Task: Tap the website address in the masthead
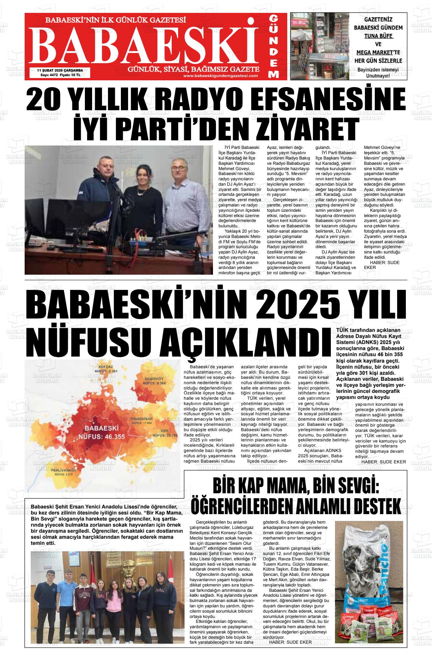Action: (220, 76)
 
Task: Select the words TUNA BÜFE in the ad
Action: (379, 36)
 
